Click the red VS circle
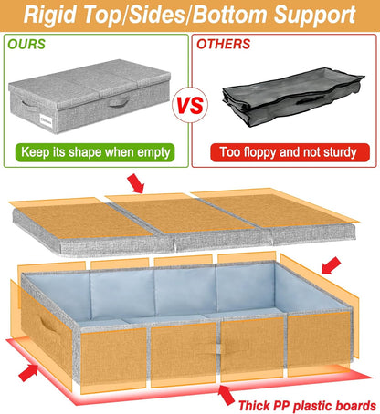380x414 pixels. tap(190, 104)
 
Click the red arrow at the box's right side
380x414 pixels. tap(331, 265)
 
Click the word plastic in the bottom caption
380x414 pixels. tap(311, 402)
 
